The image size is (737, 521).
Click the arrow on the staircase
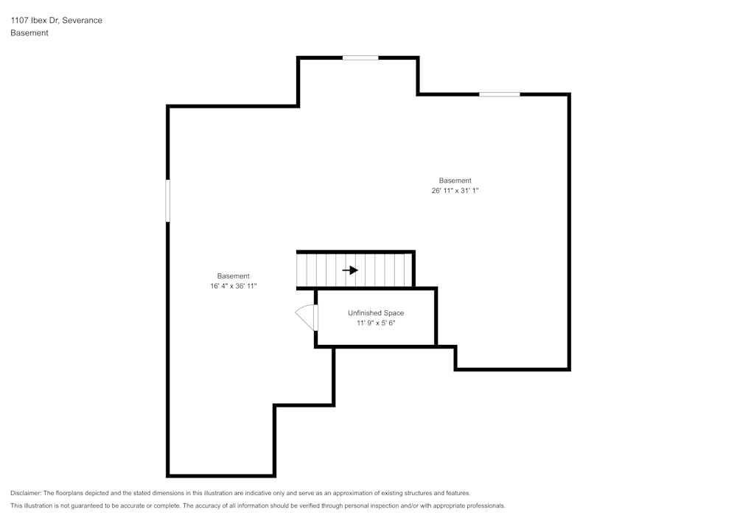pos(350,270)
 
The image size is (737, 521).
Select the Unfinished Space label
pos(376,313)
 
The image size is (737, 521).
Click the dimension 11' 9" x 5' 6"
pos(376,323)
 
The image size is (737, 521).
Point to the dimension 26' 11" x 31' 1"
pos(455,190)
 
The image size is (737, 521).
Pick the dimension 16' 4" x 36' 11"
pos(233,286)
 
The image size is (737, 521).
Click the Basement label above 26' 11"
pos(455,181)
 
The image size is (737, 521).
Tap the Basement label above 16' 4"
pos(233,276)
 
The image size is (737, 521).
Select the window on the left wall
pos(168,200)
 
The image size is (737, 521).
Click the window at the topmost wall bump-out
pos(360,57)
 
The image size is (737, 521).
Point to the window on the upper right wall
pos(500,94)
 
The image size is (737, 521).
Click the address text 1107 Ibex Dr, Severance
pos(56,21)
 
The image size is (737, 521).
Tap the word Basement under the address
pos(29,33)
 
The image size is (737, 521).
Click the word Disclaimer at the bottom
pos(26,493)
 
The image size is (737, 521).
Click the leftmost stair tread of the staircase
pos(301,270)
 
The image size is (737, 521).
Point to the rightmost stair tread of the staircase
pos(408,270)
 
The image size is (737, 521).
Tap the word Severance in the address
pos(82,21)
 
